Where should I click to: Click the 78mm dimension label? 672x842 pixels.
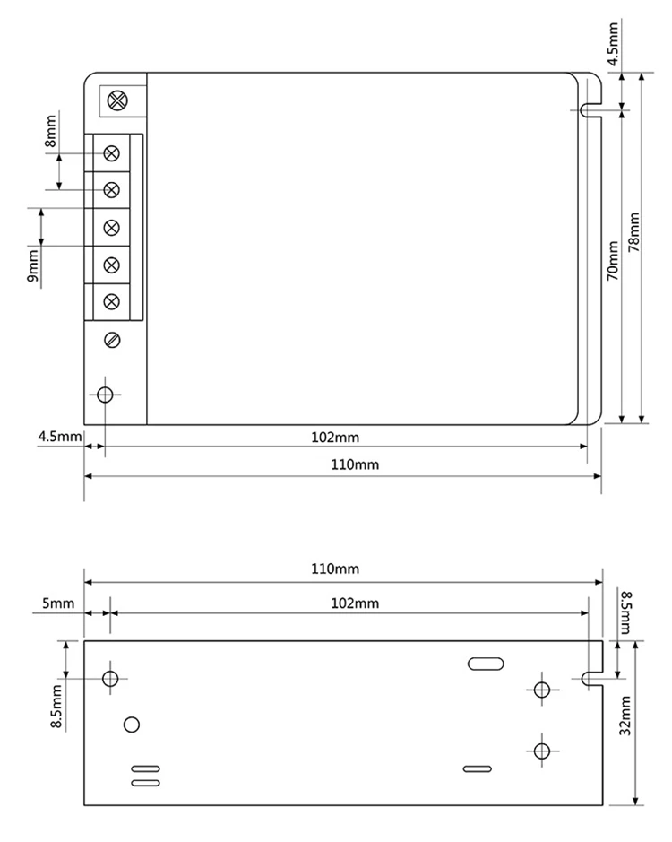click(633, 232)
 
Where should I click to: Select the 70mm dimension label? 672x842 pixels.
click(613, 260)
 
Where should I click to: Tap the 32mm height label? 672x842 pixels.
click(625, 716)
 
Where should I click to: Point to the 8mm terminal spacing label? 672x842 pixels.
click(50, 131)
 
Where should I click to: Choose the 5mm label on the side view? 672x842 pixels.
click(58, 603)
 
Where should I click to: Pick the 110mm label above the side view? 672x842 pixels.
click(335, 569)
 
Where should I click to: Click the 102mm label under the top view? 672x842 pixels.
click(335, 437)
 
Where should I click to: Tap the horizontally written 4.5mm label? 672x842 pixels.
click(59, 436)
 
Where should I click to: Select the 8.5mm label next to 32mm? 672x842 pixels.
click(625, 612)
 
